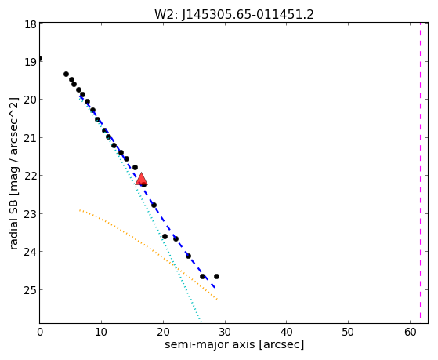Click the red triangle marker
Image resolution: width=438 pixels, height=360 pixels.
tap(141, 179)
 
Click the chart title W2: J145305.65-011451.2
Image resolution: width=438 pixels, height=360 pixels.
tap(234, 15)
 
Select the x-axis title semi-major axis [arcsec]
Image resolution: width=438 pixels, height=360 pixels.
tap(234, 344)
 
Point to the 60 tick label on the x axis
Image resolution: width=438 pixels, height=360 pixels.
tap(410, 332)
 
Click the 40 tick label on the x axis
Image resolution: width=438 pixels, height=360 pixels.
tap(287, 332)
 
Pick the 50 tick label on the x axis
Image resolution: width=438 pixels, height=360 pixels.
tap(349, 332)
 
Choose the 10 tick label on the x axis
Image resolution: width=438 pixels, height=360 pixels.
tap(101, 332)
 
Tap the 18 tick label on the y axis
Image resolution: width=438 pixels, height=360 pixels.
tap(31, 24)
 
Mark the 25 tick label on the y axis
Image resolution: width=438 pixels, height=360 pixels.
tap(31, 289)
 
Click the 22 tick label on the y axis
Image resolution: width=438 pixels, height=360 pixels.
tap(31, 176)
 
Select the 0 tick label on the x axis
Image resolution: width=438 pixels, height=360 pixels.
tap(40, 332)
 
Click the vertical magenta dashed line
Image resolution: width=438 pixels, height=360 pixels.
tap(420, 173)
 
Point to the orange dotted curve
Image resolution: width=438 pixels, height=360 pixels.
tap(145, 245)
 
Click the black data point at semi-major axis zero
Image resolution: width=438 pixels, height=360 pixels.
tap(40, 59)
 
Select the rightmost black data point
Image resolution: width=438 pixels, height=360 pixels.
tap(216, 276)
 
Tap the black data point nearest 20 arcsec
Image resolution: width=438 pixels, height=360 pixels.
tap(165, 236)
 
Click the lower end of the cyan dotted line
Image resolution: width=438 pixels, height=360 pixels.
tap(200, 320)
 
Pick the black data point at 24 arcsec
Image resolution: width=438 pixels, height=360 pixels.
tap(188, 256)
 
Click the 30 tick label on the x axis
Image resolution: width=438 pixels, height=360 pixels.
tap(225, 332)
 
